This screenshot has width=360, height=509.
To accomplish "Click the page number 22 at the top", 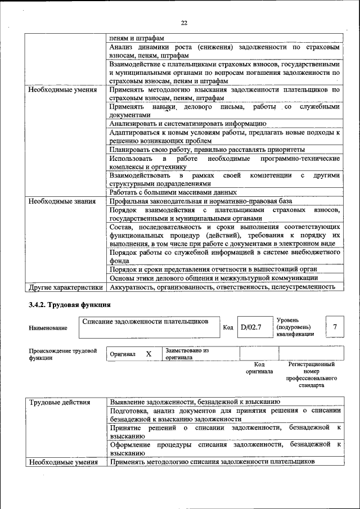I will point(183,23).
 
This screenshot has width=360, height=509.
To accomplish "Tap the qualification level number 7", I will point(335,327).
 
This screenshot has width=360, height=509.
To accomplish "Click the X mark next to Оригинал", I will point(148,354).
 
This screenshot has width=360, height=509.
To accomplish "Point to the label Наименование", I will point(48,328).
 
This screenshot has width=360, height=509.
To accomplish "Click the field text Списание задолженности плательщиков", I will point(145,321).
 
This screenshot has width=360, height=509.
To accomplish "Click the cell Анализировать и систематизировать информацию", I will point(187,123).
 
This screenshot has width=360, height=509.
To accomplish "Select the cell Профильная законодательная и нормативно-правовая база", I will point(201,201).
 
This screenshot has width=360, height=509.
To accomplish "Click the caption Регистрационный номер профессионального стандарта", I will point(311,375).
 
